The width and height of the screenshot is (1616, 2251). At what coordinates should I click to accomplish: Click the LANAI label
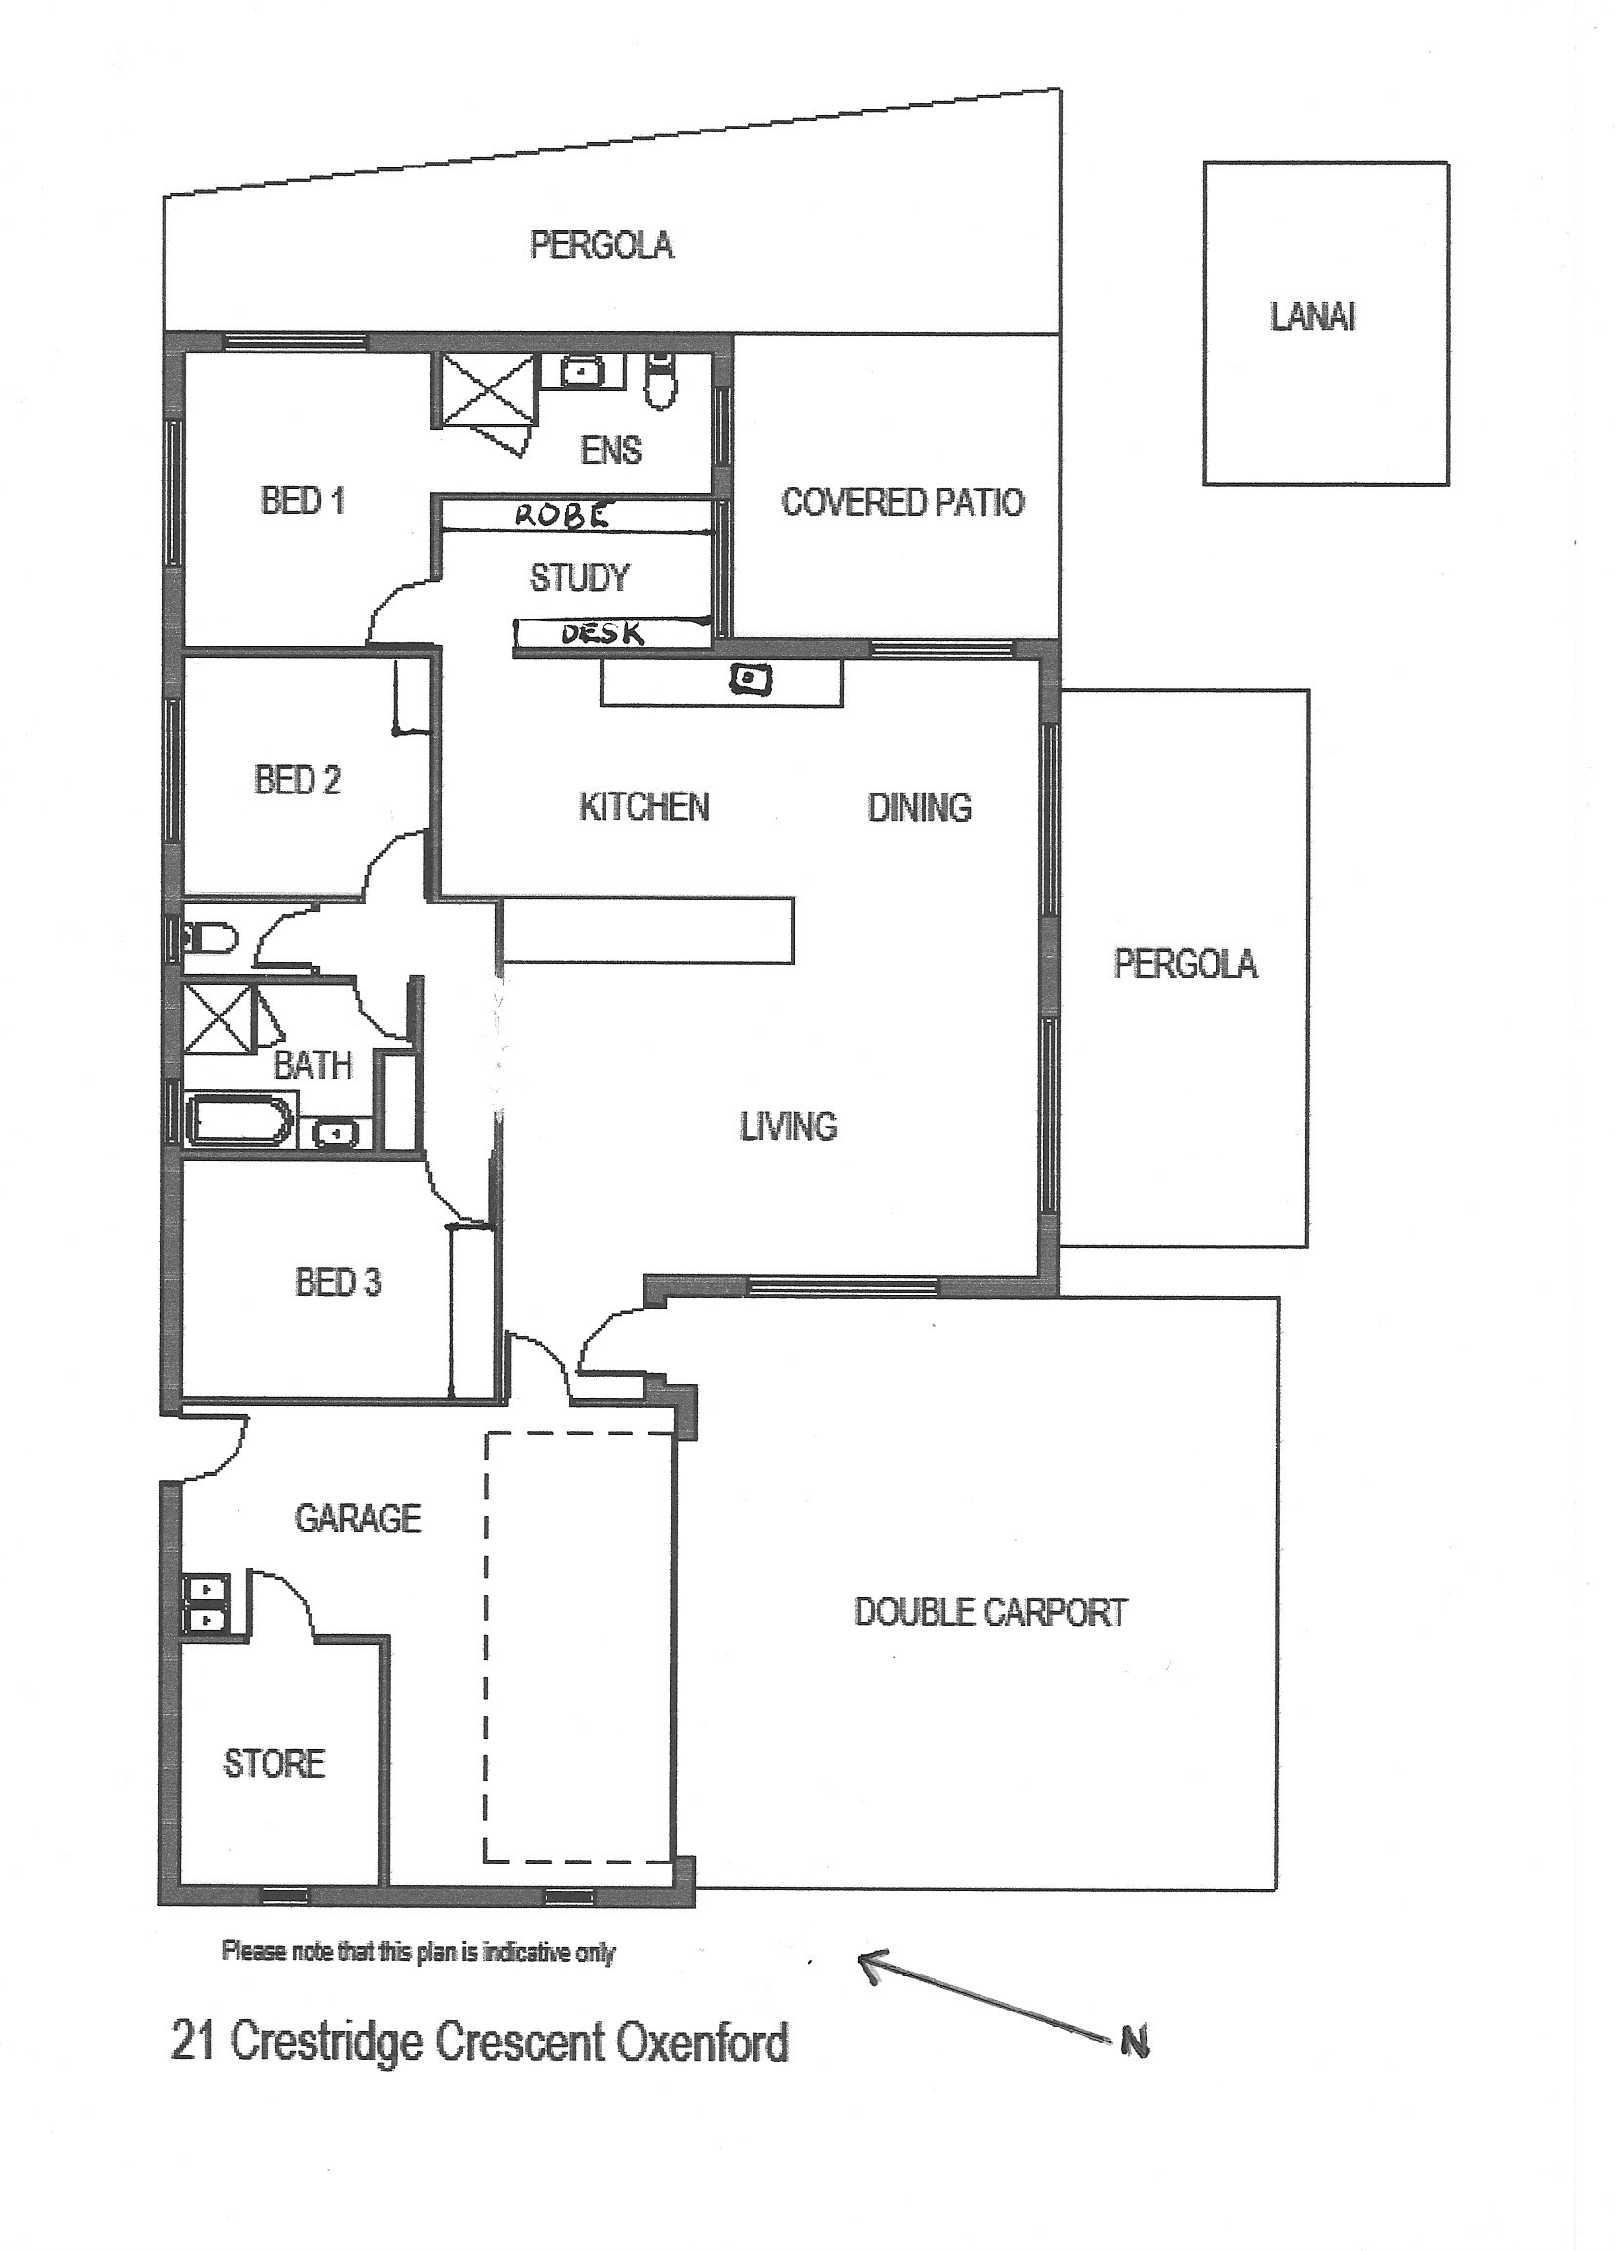coord(1312,317)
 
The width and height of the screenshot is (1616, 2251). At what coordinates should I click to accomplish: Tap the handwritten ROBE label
coord(563,515)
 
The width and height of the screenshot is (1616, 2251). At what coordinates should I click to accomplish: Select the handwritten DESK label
coord(603,632)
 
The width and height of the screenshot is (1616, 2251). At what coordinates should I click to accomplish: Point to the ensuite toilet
coord(659,378)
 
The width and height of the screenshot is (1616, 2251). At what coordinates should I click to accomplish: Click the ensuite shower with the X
coord(486,390)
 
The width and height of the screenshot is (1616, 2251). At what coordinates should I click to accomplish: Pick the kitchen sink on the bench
coord(751,679)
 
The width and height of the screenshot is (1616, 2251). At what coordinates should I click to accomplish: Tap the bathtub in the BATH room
coord(241,1121)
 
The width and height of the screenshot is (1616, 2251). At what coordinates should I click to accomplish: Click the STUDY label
coord(579,577)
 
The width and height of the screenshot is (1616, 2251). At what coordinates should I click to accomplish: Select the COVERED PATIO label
coord(902,502)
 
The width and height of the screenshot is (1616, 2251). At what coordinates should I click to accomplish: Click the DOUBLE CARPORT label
coord(991,1612)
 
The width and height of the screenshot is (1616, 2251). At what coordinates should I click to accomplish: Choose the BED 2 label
coord(297,780)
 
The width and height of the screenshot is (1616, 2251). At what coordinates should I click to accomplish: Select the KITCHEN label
coord(644,807)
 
